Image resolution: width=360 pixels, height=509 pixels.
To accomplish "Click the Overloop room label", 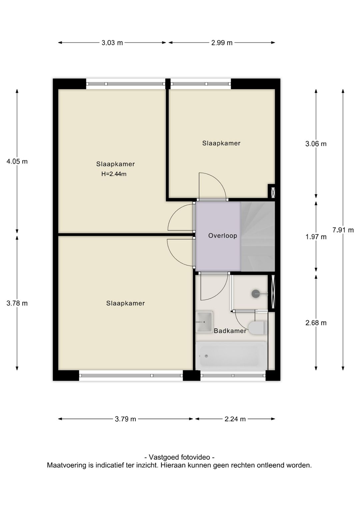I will coord(222,236).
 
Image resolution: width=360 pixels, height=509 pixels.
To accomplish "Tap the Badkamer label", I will coord(230,331).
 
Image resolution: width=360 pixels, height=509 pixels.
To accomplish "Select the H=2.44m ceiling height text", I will coord(114,174).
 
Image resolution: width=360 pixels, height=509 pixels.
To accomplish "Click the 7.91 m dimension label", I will coord(343,230).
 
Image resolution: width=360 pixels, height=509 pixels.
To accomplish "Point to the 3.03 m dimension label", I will coord(112,43).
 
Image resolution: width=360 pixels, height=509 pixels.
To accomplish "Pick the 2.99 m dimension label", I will coord(222,43).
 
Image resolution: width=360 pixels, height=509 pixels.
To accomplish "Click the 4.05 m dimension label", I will coord(17,161).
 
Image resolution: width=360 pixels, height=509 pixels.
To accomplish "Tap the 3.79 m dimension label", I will coord(125,419).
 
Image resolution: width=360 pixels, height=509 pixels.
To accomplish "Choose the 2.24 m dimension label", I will coord(235,419).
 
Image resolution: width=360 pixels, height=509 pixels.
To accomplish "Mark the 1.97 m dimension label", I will coord(316,237).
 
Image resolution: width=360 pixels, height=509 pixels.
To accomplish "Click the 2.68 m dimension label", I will coord(316,323).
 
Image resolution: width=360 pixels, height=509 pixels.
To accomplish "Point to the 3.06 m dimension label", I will coord(316,144).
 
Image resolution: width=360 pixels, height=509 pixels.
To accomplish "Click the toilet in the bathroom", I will coord(257,328).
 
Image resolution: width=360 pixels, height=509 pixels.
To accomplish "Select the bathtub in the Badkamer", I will coord(231,356).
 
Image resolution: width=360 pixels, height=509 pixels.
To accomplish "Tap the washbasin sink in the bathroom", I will coord(204,322).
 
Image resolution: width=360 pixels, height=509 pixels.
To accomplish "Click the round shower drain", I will coord(255,294).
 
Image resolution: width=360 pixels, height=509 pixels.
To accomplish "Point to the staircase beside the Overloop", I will coord(258,236).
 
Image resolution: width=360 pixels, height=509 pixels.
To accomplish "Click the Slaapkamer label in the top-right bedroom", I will coord(221,143).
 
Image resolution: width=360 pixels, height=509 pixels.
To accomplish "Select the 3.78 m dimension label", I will coord(17,303).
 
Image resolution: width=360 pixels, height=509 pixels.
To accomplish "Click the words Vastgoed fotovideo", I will coord(180,457).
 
